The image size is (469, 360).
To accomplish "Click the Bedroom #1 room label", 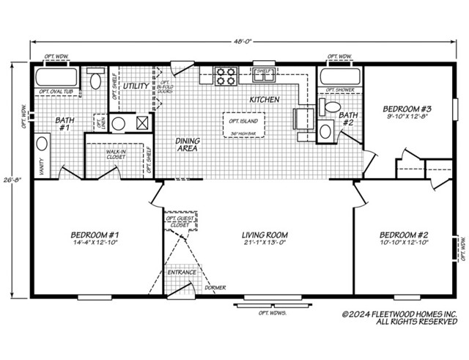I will tap(95, 235).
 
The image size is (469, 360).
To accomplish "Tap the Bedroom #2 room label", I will tap(403, 235).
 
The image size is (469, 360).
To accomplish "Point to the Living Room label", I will tap(263, 235).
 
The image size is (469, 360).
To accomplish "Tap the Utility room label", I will tap(136, 86).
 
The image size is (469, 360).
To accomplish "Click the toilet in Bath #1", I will tap(95, 80).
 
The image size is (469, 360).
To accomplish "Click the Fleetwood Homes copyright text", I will tap(399, 317).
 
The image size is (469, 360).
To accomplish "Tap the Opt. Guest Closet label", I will tap(180, 221).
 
